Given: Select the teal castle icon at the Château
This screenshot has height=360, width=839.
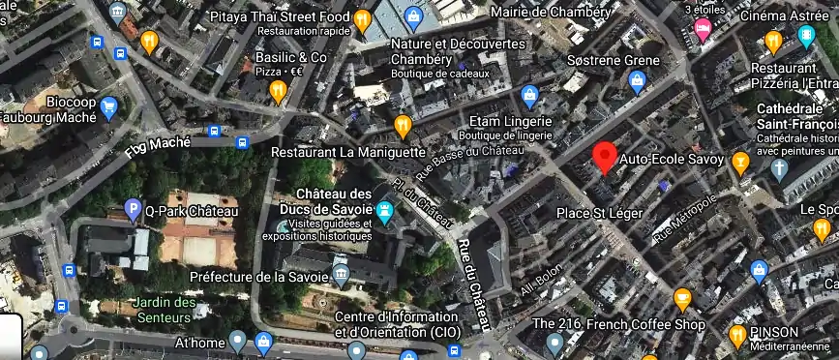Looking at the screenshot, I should click(385, 211).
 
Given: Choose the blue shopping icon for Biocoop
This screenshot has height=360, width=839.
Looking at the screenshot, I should click(108, 107).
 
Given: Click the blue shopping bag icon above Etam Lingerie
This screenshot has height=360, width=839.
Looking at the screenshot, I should click(529, 95).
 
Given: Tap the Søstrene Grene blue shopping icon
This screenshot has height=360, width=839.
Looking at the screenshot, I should click(637, 81).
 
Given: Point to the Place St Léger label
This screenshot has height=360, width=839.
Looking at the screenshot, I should click(599, 211).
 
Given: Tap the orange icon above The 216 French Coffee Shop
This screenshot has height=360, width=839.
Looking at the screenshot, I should click(683, 298).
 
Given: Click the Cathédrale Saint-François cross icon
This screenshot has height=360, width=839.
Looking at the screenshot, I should click(780, 166).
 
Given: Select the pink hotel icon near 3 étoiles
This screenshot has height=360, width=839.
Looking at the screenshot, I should click(703, 28).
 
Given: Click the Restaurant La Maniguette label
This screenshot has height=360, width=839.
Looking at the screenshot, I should click(347, 152).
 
